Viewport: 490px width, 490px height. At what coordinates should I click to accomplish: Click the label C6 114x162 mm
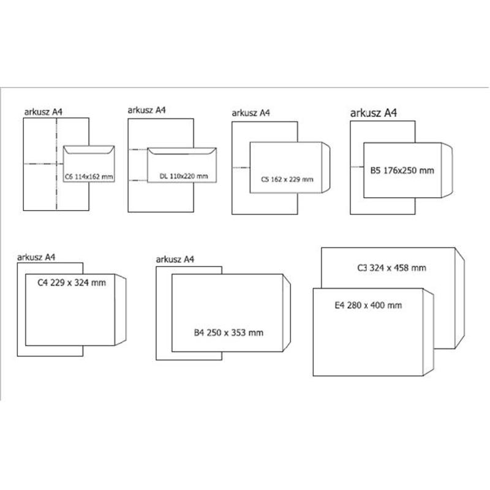click(x=89, y=176)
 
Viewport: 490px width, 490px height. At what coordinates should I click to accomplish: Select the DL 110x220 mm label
click(x=184, y=176)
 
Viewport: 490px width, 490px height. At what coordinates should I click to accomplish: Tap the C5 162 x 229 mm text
click(x=287, y=179)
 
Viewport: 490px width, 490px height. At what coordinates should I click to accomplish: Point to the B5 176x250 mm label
click(x=402, y=170)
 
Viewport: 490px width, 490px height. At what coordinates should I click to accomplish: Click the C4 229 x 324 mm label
click(x=72, y=282)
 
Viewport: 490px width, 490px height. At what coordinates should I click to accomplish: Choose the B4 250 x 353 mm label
click(x=228, y=333)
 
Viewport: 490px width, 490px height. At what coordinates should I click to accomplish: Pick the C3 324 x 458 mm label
click(x=391, y=268)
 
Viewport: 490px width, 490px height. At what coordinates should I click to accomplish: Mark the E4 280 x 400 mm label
click(x=368, y=305)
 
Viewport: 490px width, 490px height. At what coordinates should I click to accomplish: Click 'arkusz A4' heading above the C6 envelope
click(x=43, y=112)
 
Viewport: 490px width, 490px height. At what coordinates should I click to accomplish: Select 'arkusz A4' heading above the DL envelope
click(x=146, y=110)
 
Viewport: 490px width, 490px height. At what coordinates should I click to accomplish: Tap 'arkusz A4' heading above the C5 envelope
click(x=251, y=113)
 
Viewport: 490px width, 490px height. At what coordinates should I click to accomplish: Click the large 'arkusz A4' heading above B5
click(x=374, y=113)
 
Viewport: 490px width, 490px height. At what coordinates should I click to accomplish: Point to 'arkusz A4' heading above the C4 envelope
click(x=36, y=257)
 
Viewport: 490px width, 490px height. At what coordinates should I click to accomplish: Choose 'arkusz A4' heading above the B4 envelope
click(x=175, y=259)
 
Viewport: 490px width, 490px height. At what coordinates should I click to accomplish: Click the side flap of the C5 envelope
click(x=326, y=167)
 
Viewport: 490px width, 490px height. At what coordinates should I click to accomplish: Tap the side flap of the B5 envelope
click(x=447, y=170)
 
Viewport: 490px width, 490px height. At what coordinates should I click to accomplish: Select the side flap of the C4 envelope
click(x=121, y=310)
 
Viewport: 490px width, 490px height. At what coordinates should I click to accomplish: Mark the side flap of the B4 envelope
click(x=287, y=313)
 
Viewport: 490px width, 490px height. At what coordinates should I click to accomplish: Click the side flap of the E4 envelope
click(x=428, y=332)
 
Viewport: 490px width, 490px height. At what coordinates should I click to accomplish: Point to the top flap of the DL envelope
click(x=182, y=151)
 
